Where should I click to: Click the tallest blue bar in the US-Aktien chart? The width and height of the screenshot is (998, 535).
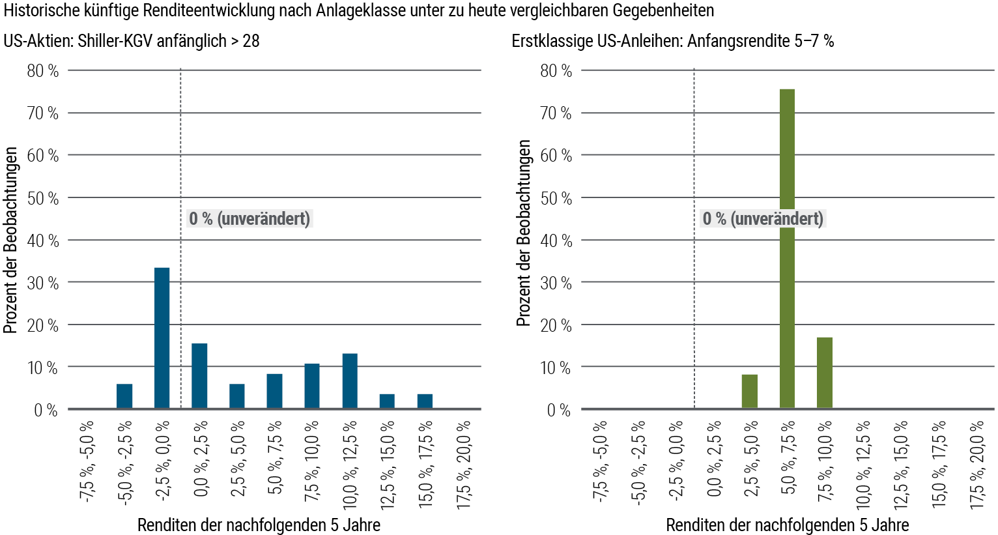(162, 338)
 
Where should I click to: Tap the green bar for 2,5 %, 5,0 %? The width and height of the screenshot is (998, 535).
(749, 392)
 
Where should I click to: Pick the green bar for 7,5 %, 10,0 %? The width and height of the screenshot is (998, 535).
(824, 373)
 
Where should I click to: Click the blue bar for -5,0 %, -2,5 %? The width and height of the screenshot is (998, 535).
(124, 396)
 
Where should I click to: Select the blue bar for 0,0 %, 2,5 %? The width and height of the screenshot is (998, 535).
(199, 376)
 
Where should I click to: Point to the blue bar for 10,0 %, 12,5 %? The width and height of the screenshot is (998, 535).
(350, 381)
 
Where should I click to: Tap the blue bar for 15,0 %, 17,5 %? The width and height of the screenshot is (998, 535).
(425, 401)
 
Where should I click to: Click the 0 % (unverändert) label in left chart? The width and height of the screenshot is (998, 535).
(249, 218)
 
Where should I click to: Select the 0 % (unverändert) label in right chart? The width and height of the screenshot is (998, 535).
(763, 218)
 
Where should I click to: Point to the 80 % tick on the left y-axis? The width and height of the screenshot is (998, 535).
(43, 70)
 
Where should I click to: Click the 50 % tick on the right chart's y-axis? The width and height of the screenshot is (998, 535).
(556, 198)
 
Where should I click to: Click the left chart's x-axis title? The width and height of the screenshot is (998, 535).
(259, 525)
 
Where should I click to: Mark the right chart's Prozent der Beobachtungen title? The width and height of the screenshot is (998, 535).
(524, 233)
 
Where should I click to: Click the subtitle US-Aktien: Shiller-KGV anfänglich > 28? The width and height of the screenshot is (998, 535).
(132, 41)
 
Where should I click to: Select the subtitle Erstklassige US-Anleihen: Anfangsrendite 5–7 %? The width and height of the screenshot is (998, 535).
(672, 41)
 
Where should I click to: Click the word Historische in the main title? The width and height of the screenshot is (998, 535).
(38, 10)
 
